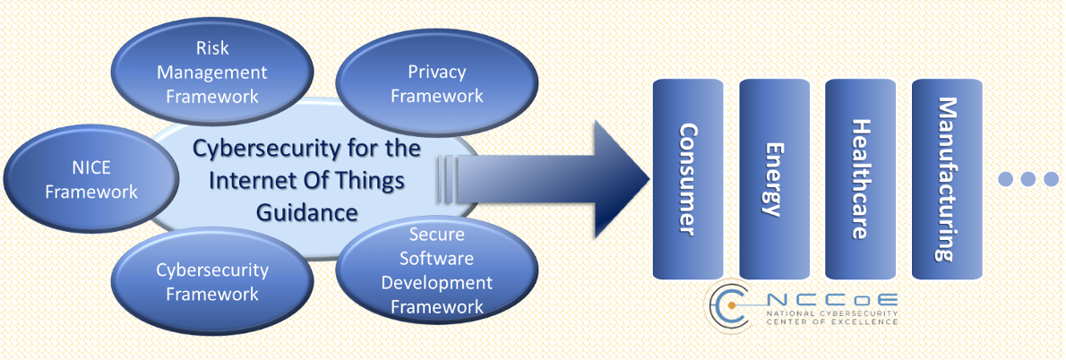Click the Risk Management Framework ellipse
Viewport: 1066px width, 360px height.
pyautogui.click(x=212, y=71)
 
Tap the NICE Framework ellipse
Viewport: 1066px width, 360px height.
pyautogui.click(x=90, y=179)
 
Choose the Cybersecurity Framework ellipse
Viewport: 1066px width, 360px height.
pyautogui.click(x=212, y=281)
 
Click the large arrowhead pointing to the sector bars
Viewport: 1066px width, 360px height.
pyautogui.click(x=618, y=178)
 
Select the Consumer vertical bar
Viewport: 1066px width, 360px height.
pyautogui.click(x=687, y=179)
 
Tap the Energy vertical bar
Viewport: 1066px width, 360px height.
pyautogui.click(x=773, y=179)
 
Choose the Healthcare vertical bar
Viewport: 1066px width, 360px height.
pyautogui.click(x=859, y=179)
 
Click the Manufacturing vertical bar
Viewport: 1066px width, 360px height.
pyautogui.click(x=945, y=179)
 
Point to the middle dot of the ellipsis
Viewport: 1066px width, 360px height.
pyautogui.click(x=1027, y=179)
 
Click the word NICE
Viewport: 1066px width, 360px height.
pyautogui.click(x=90, y=167)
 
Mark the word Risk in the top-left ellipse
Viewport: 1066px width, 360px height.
pyautogui.click(x=212, y=47)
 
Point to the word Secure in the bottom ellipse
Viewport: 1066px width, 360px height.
pyautogui.click(x=436, y=235)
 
